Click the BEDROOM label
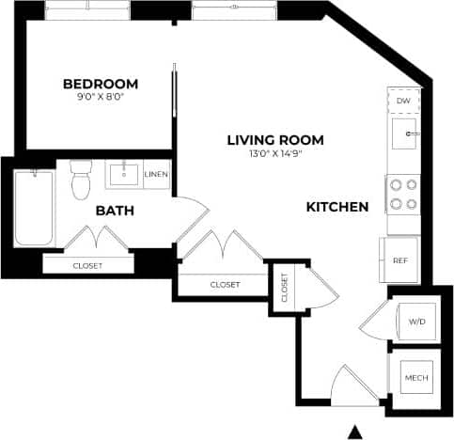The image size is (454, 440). [x=100, y=83]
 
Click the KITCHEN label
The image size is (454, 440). [x=337, y=206]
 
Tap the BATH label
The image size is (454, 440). [x=115, y=211]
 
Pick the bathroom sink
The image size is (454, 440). [x=122, y=174]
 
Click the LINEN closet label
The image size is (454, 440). [x=156, y=175]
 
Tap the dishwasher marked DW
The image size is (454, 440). [x=403, y=101]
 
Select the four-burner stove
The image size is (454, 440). [x=404, y=195]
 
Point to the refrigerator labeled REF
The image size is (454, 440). [x=399, y=260]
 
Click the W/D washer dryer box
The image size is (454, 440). [x=415, y=322]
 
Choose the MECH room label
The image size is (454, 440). [x=415, y=378]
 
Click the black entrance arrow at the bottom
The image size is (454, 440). [x=354, y=432]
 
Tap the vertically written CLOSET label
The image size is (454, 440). [x=284, y=289]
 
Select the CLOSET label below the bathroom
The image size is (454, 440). [x=87, y=265]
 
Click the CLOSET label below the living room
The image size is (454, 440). [x=225, y=284]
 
